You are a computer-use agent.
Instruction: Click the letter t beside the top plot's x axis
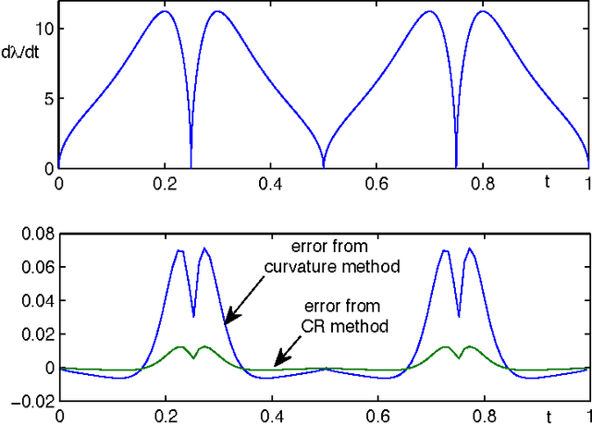547,182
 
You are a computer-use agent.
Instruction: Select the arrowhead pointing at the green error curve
276,364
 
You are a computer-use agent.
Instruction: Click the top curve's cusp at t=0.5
324,167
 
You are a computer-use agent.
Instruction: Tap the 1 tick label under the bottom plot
588,417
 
